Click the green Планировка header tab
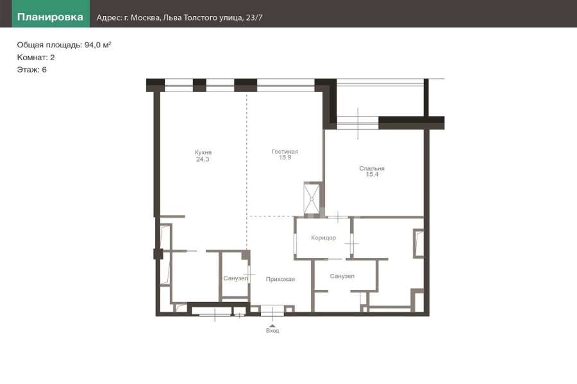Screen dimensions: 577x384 tap(51, 14)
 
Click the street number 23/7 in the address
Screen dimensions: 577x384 tap(254, 18)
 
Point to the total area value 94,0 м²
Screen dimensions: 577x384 tap(97, 45)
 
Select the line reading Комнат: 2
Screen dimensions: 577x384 tap(36, 58)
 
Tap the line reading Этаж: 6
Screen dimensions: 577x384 tap(31, 70)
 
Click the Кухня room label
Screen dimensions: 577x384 tap(203, 152)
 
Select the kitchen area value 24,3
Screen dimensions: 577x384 tap(203, 159)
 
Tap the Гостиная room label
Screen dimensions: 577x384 tap(285, 152)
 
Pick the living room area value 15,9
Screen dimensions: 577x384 tap(285, 157)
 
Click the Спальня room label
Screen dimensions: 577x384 tap(372, 168)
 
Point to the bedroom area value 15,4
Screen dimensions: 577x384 tap(372, 174)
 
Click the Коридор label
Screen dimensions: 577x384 tap(324, 237)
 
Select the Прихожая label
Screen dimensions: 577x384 tap(280, 279)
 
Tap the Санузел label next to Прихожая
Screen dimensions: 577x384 tap(235, 278)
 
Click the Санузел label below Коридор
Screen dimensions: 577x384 tap(342, 276)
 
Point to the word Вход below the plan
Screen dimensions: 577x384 tap(272, 331)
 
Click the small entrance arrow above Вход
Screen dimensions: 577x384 tap(272, 326)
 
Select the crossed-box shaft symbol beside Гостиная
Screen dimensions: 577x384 tap(312, 198)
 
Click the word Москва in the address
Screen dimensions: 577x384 tap(145, 18)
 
